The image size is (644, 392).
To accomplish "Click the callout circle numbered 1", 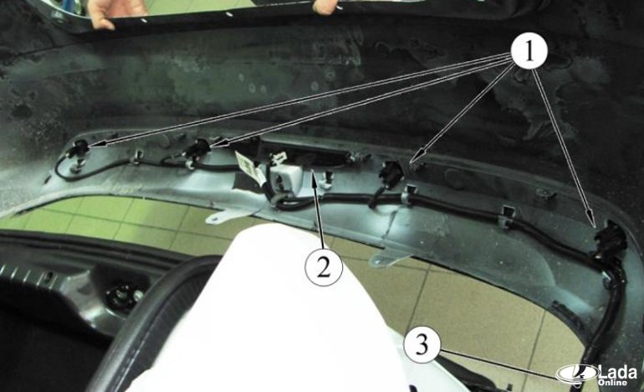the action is click(x=529, y=51).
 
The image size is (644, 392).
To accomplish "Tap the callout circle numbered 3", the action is click(x=422, y=344).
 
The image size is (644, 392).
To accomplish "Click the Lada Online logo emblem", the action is click(x=577, y=374).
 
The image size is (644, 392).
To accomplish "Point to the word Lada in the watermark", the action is click(x=618, y=372).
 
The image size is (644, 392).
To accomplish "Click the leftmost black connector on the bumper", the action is click(x=79, y=149).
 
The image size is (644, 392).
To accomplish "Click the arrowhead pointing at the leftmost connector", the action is click(x=94, y=144).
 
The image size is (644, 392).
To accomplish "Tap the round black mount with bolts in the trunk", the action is click(x=123, y=296).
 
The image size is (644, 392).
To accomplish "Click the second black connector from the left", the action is click(x=198, y=148).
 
